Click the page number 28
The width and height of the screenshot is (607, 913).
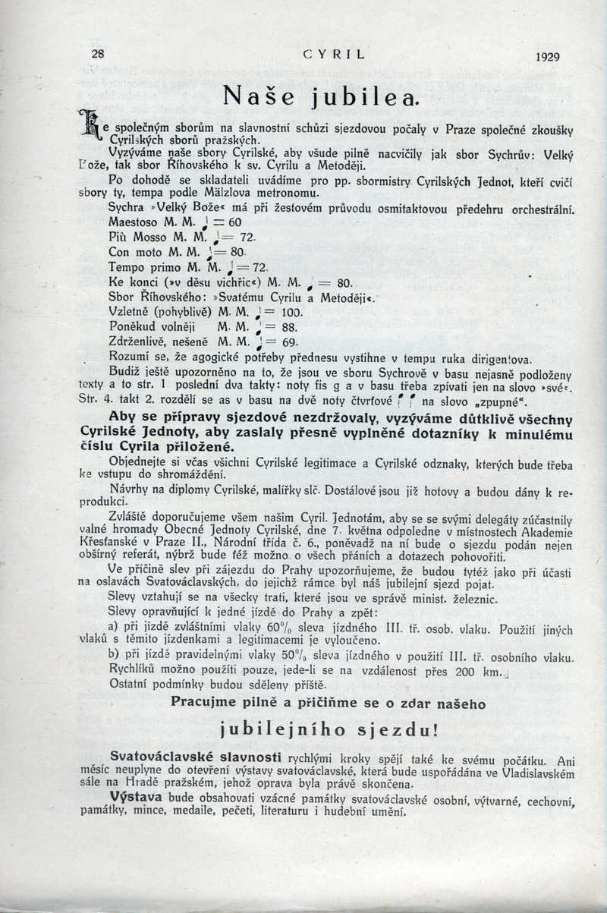pos(97,54)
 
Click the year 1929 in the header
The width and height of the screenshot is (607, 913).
pos(547,56)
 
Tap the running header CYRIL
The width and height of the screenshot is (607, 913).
pos(334,54)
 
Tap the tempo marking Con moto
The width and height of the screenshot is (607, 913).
pos(137,252)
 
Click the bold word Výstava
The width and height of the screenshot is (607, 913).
pos(134,798)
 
